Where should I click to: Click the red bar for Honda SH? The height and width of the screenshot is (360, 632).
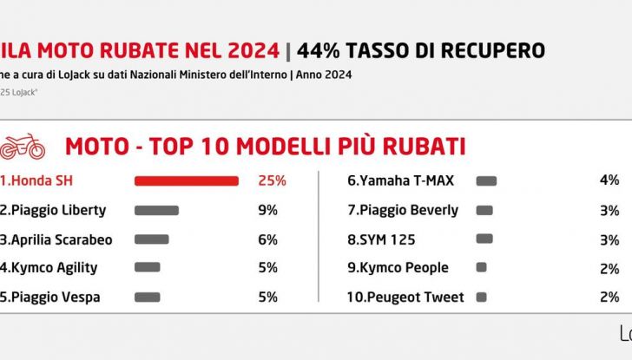click(186, 180)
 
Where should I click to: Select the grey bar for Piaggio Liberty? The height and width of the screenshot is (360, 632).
click(156, 210)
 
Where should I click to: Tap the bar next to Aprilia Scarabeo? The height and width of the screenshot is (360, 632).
click(151, 239)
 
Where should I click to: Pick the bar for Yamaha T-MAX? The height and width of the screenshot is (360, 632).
click(486, 180)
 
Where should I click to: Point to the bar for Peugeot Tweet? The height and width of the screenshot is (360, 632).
click(481, 297)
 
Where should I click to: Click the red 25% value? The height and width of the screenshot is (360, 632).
click(272, 180)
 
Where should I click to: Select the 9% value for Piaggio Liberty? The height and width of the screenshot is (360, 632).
click(267, 210)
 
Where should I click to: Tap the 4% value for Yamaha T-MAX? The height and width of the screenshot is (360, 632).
click(609, 180)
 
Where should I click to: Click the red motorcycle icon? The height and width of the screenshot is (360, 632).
click(23, 147)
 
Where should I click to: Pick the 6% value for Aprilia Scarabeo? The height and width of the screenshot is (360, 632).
click(267, 239)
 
